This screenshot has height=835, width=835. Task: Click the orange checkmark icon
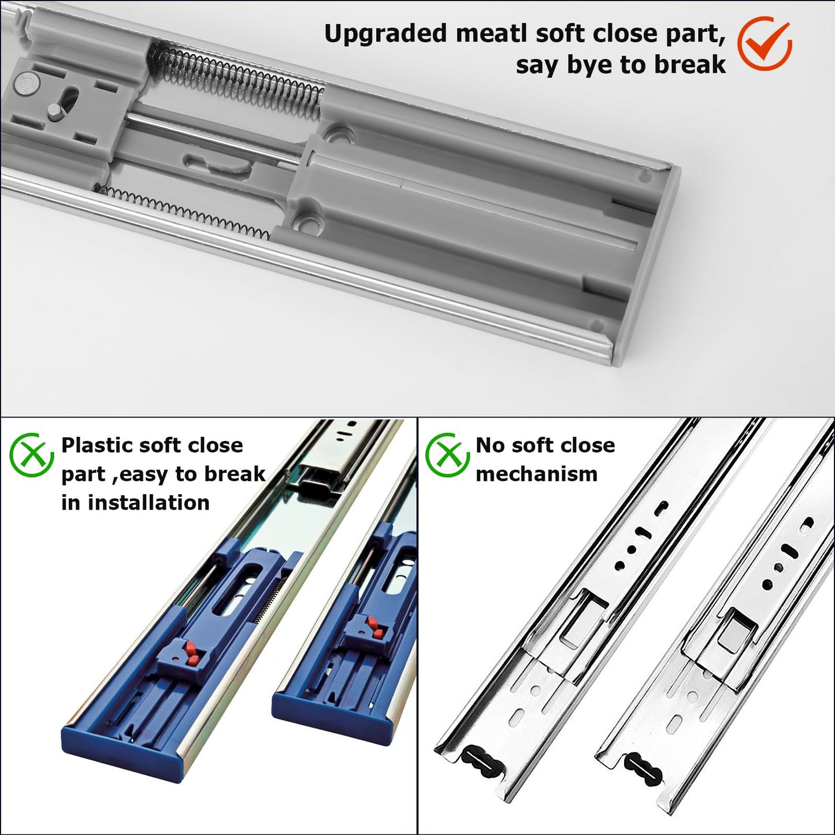tap(765, 44)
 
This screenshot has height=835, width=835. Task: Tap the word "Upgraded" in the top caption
tap(385, 35)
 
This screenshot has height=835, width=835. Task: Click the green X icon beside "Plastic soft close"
tap(32, 455)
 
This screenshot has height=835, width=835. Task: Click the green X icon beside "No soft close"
tap(447, 455)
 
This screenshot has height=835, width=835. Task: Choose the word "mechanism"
tap(537, 474)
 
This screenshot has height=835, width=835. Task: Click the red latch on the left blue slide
tap(191, 652)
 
